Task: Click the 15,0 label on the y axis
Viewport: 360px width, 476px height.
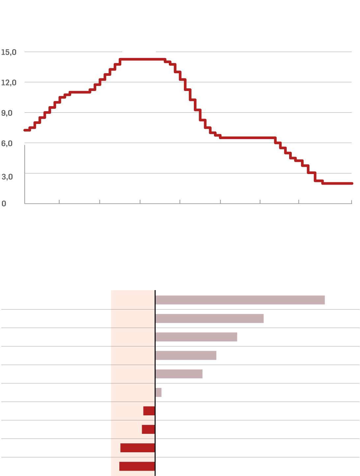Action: pyautogui.click(x=9, y=52)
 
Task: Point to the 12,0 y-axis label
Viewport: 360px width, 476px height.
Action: pyautogui.click(x=9, y=82)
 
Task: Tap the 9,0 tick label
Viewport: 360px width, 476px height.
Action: pyautogui.click(x=7, y=113)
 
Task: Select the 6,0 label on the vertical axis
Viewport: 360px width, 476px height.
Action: pyautogui.click(x=7, y=143)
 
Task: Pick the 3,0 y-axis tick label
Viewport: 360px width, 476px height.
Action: pyautogui.click(x=7, y=177)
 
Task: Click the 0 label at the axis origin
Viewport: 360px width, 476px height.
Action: pyautogui.click(x=4, y=204)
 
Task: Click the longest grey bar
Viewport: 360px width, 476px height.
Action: pyautogui.click(x=240, y=300)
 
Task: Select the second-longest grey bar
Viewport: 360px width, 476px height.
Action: pyautogui.click(x=209, y=318)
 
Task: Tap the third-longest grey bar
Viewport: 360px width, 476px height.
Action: pyautogui.click(x=196, y=337)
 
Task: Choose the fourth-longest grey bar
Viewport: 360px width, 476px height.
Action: pyautogui.click(x=186, y=355)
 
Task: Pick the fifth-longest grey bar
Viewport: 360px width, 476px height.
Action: pyautogui.click(x=179, y=374)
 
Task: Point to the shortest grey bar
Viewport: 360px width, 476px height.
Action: pyautogui.click(x=158, y=392)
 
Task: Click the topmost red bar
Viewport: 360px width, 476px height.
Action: pyautogui.click(x=149, y=411)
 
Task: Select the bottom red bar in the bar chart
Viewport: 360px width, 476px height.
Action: pyautogui.click(x=137, y=466)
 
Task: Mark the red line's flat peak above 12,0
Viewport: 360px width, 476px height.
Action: pyautogui.click(x=142, y=59)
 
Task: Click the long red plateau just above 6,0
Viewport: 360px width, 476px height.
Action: pyautogui.click(x=247, y=137)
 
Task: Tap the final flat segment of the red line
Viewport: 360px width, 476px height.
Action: pyautogui.click(x=337, y=183)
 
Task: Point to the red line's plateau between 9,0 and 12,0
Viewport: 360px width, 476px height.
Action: pyautogui.click(x=80, y=92)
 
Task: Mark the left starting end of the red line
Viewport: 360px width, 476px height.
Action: pyautogui.click(x=25, y=130)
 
